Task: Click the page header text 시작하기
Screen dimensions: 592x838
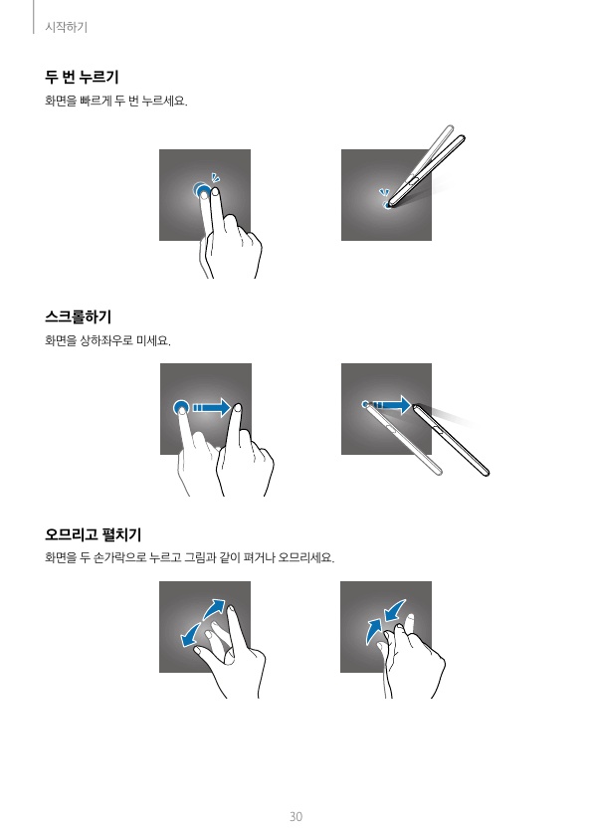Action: pyautogui.click(x=67, y=27)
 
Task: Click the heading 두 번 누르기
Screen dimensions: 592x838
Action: pyautogui.click(x=82, y=77)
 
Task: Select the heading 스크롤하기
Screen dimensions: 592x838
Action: pyautogui.click(x=78, y=316)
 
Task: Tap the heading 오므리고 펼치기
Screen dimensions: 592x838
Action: pyautogui.click(x=93, y=534)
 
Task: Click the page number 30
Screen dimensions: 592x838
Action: pyautogui.click(x=296, y=817)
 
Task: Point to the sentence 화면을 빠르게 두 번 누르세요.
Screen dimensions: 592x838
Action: pyautogui.click(x=116, y=101)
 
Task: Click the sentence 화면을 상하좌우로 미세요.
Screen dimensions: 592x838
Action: pyautogui.click(x=107, y=340)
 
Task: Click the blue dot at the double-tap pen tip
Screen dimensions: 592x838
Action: pyautogui.click(x=386, y=205)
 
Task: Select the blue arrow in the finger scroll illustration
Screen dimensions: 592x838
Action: pyautogui.click(x=212, y=408)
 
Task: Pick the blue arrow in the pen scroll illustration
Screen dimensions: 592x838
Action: pyautogui.click(x=391, y=405)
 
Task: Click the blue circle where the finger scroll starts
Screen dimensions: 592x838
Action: pyautogui.click(x=181, y=408)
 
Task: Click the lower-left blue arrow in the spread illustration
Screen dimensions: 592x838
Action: pyautogui.click(x=190, y=635)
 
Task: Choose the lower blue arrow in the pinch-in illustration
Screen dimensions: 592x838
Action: pyautogui.click(x=373, y=632)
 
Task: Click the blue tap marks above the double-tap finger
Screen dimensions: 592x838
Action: pyautogui.click(x=215, y=178)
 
